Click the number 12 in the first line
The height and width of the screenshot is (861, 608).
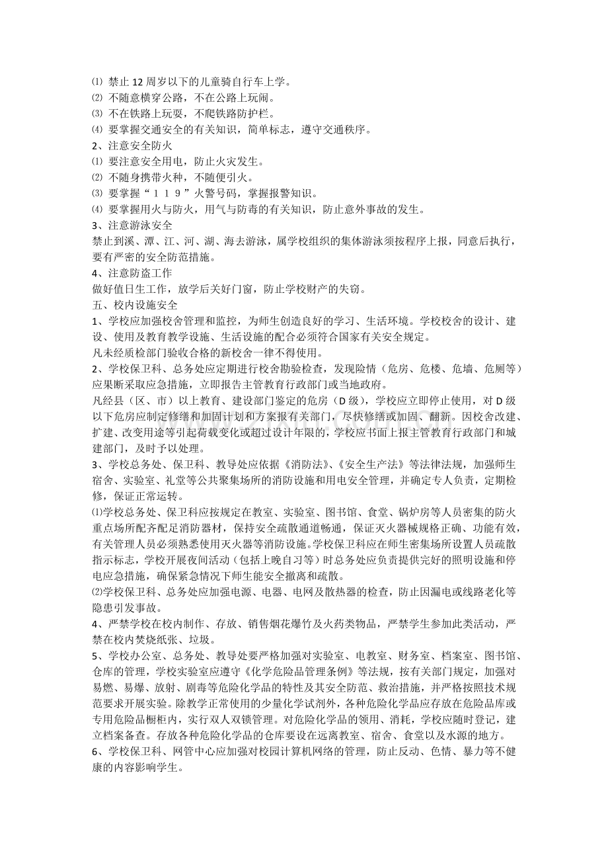pyautogui.click(x=139, y=82)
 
